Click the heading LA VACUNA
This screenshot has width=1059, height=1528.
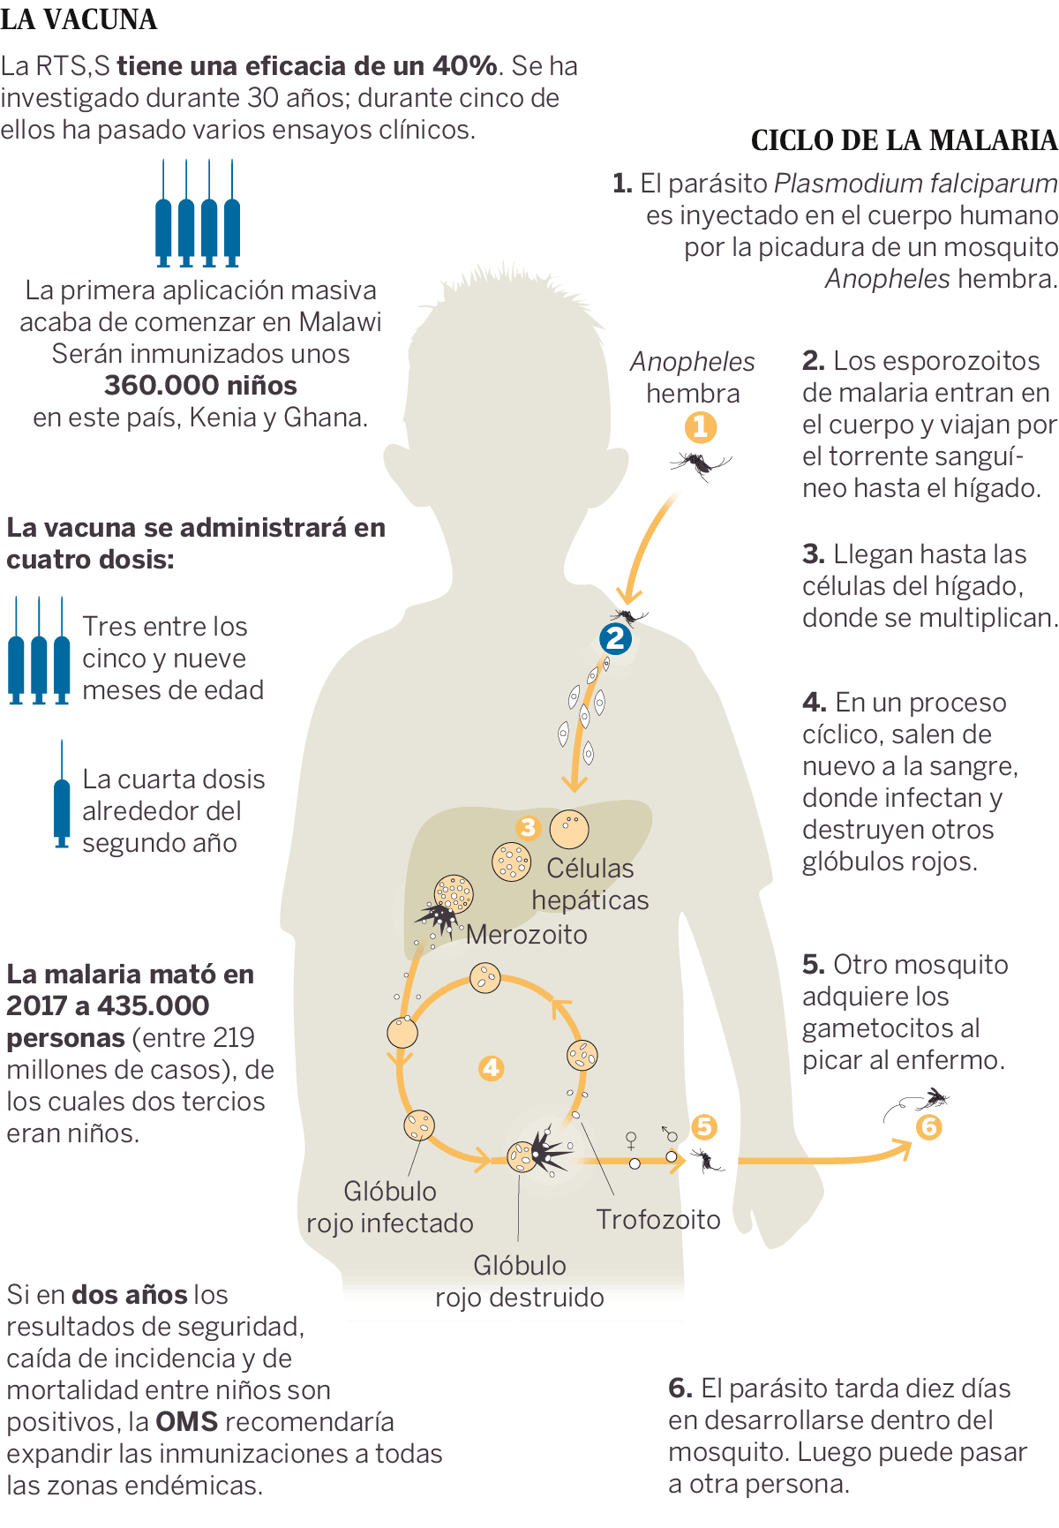79,19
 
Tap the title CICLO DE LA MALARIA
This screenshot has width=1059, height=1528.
904,140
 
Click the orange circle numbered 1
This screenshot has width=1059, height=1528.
701,428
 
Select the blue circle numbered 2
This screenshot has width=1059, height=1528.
615,638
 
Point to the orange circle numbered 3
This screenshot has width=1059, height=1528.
528,827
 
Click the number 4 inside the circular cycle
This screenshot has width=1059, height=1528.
491,1068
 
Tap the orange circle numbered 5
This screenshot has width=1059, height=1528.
703,1126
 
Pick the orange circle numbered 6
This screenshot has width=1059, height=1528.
928,1127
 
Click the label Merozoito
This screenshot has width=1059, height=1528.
526,934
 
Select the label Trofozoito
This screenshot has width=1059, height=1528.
658,1219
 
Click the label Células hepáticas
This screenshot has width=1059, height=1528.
590,884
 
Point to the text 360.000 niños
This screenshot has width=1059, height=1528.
200,385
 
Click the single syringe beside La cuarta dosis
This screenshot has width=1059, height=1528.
62,794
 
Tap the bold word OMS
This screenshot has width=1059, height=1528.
186,1421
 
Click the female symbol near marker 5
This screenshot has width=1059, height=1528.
631,1140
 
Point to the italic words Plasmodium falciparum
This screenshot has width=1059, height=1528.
915,183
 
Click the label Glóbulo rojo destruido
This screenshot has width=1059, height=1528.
520,1281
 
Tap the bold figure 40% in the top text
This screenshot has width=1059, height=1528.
464,65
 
